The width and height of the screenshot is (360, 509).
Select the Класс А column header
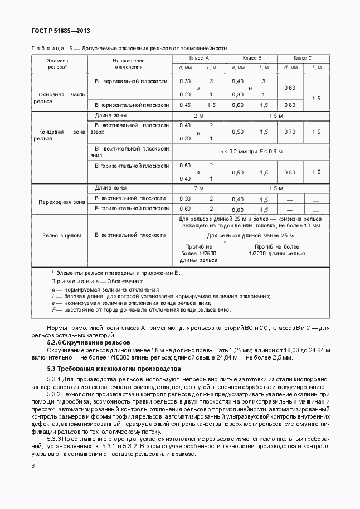(198, 58)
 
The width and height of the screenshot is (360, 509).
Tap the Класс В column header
(251, 58)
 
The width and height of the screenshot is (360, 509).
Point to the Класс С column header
(303, 58)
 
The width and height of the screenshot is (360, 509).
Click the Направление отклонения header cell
(129, 64)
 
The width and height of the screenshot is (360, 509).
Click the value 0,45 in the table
(185, 105)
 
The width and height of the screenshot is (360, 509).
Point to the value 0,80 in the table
(290, 105)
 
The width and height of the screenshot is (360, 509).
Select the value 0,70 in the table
(290, 132)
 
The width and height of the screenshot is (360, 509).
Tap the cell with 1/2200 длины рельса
(276, 250)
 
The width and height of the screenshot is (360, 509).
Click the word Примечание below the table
(76, 282)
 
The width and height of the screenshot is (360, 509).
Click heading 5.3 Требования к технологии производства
(114, 369)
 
